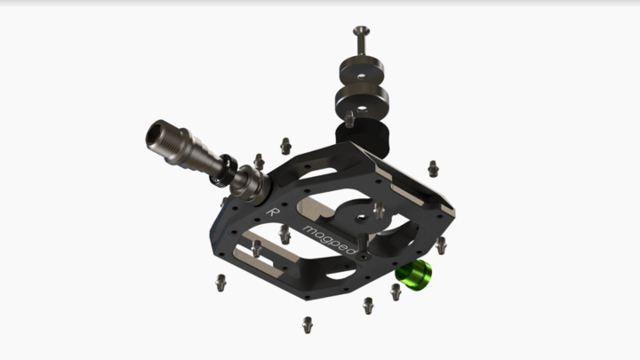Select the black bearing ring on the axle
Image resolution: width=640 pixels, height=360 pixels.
(226, 170)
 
